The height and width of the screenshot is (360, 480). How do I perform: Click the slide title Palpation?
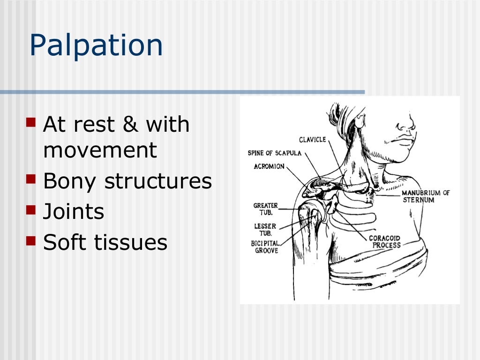click(x=96, y=46)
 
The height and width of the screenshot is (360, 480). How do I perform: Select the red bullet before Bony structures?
click(x=31, y=178)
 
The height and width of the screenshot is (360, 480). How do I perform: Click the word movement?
click(x=100, y=151)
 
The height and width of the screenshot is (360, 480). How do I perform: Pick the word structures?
click(x=158, y=181)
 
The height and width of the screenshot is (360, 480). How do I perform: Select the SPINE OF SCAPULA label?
click(x=275, y=153)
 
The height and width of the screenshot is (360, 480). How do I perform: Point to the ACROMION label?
click(x=269, y=166)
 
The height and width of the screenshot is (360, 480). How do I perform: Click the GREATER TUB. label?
click(x=265, y=209)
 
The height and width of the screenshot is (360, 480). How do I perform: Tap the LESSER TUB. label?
click(x=265, y=229)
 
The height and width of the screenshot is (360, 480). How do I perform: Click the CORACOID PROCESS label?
click(x=385, y=241)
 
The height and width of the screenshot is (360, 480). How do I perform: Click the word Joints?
click(x=74, y=212)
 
